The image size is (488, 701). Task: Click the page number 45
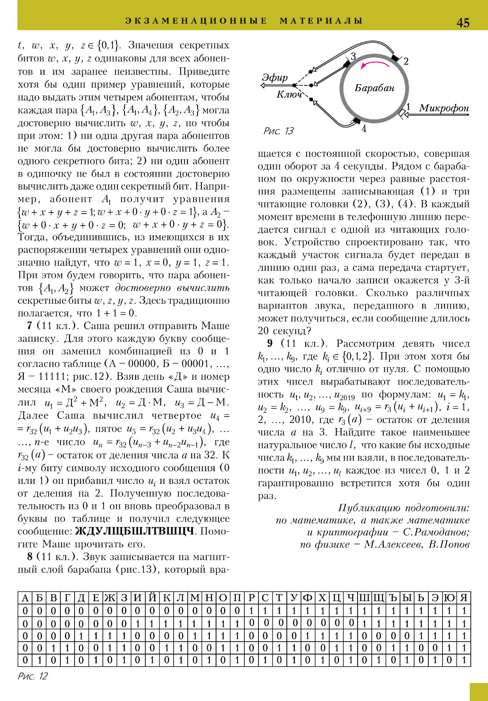tap(463, 23)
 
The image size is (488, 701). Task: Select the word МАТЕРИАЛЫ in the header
tap(321, 21)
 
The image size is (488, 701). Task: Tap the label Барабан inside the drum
tap(374, 88)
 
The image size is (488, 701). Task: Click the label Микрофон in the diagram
tap(444, 108)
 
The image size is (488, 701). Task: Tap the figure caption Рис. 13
tap(278, 131)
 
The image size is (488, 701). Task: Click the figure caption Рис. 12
tap(33, 676)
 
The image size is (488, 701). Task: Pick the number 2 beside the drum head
tap(406, 61)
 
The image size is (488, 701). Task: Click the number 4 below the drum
tap(364, 129)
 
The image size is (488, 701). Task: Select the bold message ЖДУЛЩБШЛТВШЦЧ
tap(135, 531)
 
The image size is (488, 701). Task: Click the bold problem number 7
tap(30, 325)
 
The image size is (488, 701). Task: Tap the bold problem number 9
tap(270, 343)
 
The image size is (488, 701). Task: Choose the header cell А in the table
tap(25, 597)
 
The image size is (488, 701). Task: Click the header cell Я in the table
tap(464, 597)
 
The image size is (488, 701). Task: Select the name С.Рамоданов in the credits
tap(436, 532)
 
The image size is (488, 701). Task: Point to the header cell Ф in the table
tap(308, 597)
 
